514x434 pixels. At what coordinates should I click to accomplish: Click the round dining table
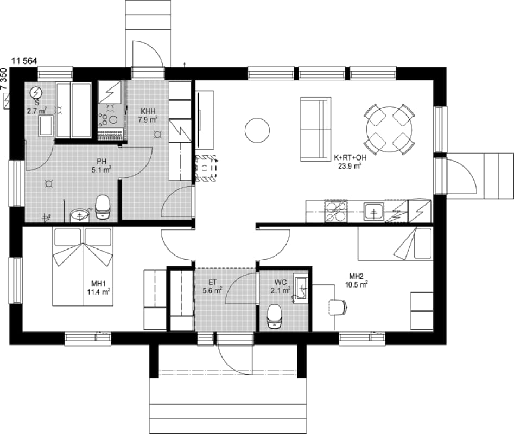(389, 129)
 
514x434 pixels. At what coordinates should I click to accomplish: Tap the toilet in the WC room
(274, 316)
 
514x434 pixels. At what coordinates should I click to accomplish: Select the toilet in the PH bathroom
(103, 207)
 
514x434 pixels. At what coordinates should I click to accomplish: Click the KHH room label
(148, 111)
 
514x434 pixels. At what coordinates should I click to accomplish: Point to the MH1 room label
(98, 284)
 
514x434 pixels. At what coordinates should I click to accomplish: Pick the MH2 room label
(356, 276)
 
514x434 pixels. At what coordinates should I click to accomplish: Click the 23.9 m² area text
(350, 166)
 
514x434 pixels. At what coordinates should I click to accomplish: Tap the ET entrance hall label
(212, 282)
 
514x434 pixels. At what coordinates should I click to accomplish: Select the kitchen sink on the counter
(374, 212)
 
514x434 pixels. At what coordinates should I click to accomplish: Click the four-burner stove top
(335, 211)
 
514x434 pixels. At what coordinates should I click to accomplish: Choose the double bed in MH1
(83, 266)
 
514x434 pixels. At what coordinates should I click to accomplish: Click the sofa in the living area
(316, 129)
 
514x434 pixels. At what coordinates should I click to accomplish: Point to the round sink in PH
(79, 215)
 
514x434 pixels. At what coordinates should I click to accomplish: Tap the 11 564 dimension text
(24, 61)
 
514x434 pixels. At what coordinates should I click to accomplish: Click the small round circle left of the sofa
(257, 130)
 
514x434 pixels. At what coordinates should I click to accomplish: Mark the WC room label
(281, 282)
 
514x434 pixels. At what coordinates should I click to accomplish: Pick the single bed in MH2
(395, 244)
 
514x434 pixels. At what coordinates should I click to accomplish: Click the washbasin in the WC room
(301, 288)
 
